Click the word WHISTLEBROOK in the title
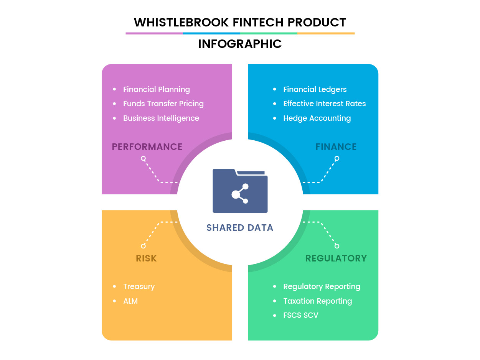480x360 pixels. click(181, 22)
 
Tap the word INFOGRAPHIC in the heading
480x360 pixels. click(240, 44)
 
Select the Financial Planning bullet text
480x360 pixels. click(157, 89)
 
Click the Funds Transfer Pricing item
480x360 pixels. click(163, 104)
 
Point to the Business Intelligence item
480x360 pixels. click(161, 118)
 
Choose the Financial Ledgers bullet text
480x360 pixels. click(315, 89)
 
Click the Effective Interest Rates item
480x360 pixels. click(325, 104)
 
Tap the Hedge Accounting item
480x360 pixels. click(317, 118)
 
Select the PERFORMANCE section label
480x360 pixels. click(147, 147)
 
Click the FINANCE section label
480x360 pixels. click(336, 147)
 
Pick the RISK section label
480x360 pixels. click(146, 258)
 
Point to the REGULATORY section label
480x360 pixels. click(336, 258)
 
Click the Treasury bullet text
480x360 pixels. click(139, 287)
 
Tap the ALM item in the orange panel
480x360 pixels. click(130, 301)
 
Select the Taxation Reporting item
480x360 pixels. click(318, 301)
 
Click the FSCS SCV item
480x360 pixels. click(301, 316)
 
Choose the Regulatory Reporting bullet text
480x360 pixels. click(322, 287)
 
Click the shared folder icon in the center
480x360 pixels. click(240, 191)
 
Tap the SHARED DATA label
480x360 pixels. click(240, 228)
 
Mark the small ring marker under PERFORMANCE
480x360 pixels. click(143, 158)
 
